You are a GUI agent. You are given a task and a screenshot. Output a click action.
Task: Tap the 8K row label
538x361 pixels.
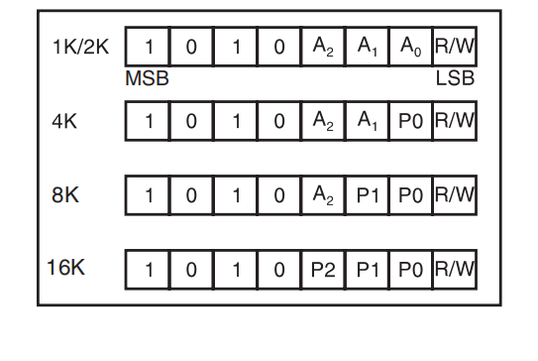[65, 194]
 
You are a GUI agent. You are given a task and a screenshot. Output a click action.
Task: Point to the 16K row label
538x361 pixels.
[66, 267]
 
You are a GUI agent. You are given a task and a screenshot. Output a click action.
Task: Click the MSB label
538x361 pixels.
[147, 78]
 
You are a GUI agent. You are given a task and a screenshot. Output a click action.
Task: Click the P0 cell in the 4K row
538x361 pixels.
[410, 122]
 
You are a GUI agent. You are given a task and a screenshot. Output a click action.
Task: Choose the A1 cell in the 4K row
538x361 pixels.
[367, 122]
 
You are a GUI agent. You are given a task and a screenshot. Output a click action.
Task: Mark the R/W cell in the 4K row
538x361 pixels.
[455, 122]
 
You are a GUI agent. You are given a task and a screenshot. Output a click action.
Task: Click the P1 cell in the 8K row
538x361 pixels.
[367, 194]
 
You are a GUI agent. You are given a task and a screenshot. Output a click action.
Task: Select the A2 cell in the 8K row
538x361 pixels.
[323, 194]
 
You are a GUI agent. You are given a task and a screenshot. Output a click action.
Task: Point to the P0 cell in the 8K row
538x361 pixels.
[410, 194]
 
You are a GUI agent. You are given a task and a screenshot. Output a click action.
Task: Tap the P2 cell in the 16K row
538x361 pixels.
[323, 268]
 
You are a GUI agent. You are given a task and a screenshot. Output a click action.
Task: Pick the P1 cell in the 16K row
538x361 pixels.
[367, 268]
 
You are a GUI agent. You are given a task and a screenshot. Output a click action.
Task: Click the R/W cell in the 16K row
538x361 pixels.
[455, 268]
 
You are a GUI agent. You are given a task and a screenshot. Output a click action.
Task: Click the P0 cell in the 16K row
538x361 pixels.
[410, 268]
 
